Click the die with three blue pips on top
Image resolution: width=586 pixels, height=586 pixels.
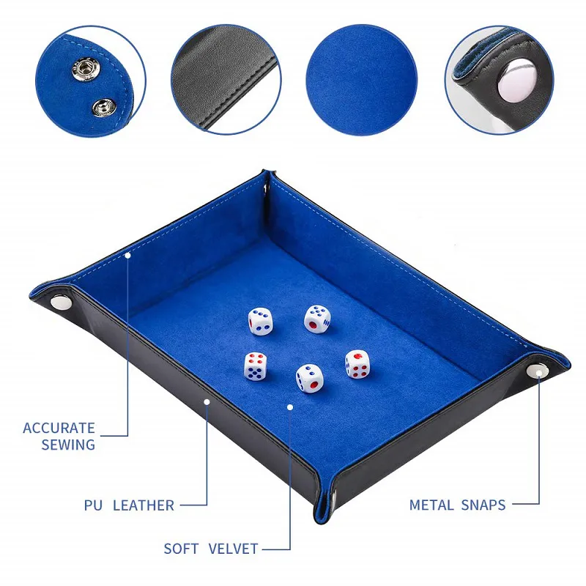coord(260,321)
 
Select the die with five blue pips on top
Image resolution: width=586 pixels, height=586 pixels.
coord(317,319)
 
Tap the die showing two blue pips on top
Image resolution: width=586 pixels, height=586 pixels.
coord(309,378)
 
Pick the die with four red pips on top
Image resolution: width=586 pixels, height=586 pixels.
coord(256,366)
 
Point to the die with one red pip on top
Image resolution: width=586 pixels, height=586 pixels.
coord(357,364)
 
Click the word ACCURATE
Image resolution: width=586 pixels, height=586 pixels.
coord(59,428)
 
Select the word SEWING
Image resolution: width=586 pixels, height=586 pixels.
coord(68,445)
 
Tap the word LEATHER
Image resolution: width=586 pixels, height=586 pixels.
coord(144,505)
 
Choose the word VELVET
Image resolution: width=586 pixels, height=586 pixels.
coord(233,549)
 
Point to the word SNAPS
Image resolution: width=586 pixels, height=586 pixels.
coord(483,505)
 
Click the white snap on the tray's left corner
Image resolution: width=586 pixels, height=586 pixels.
coord(62,302)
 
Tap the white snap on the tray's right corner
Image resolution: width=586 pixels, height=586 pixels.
coord(538,371)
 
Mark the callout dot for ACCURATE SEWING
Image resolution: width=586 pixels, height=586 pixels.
coord(127,255)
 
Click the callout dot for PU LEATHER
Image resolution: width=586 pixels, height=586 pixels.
coord(207,401)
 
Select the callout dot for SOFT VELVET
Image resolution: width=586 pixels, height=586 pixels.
coord(290,407)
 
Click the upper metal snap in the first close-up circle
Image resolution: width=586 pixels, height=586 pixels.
coord(86,69)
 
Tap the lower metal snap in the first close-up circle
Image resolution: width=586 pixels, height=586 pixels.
coord(104,108)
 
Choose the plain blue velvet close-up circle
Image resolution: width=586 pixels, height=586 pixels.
coord(361,80)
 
